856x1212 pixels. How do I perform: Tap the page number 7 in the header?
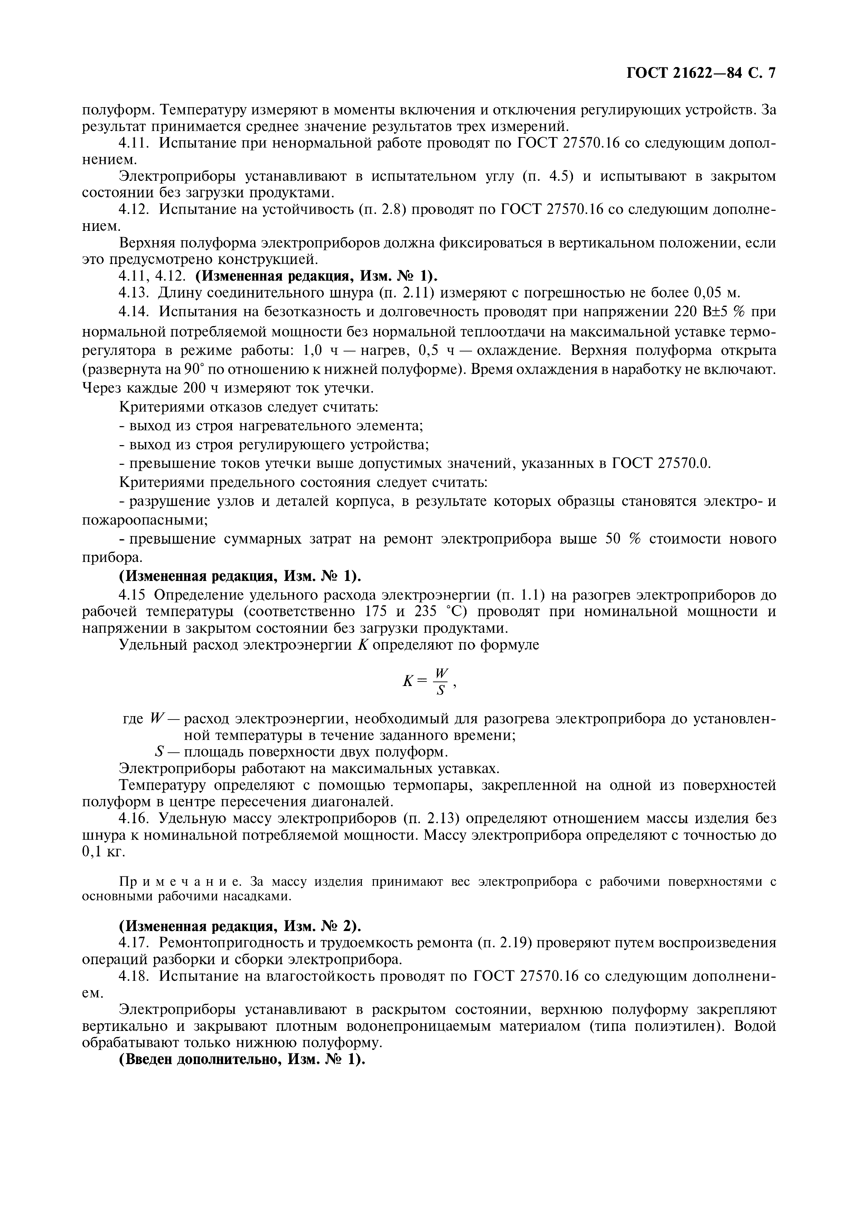tap(772, 73)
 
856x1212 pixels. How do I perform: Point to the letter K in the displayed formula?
tap(407, 682)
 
